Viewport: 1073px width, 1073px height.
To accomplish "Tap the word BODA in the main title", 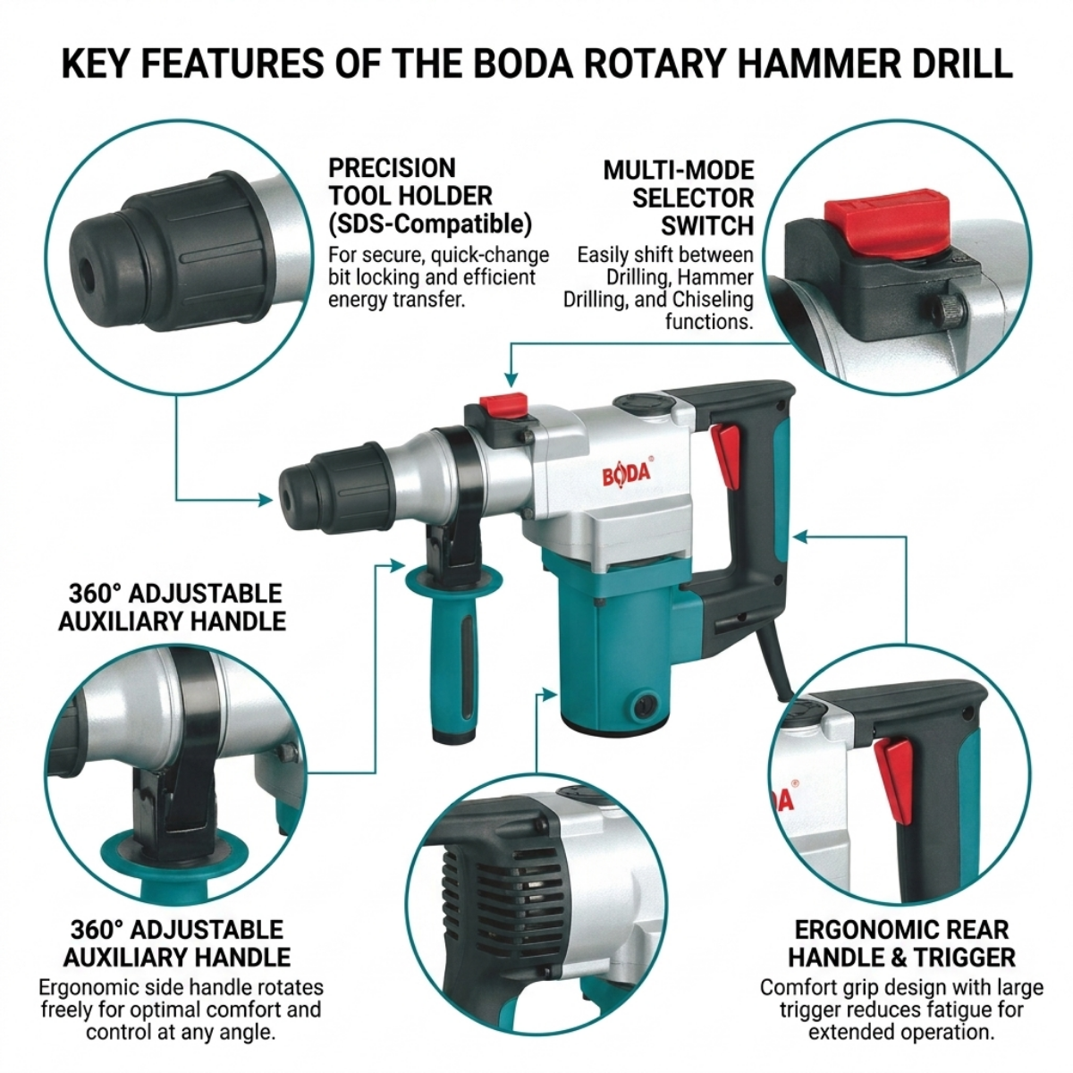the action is click(x=523, y=63).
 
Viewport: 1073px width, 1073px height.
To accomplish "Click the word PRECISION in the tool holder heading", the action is click(x=392, y=168).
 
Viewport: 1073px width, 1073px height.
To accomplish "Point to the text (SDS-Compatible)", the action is click(x=429, y=224).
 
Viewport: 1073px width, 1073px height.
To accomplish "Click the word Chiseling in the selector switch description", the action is click(x=712, y=300).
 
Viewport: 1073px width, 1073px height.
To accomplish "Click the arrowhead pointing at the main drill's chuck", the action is click(x=266, y=500).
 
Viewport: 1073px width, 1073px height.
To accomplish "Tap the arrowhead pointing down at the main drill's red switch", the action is click(x=511, y=380).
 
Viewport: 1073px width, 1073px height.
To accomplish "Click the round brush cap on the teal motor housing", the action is click(x=645, y=706).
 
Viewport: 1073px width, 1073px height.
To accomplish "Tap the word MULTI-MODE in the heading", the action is click(x=679, y=171).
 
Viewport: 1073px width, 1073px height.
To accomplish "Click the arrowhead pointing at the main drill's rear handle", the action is click(x=800, y=536).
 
